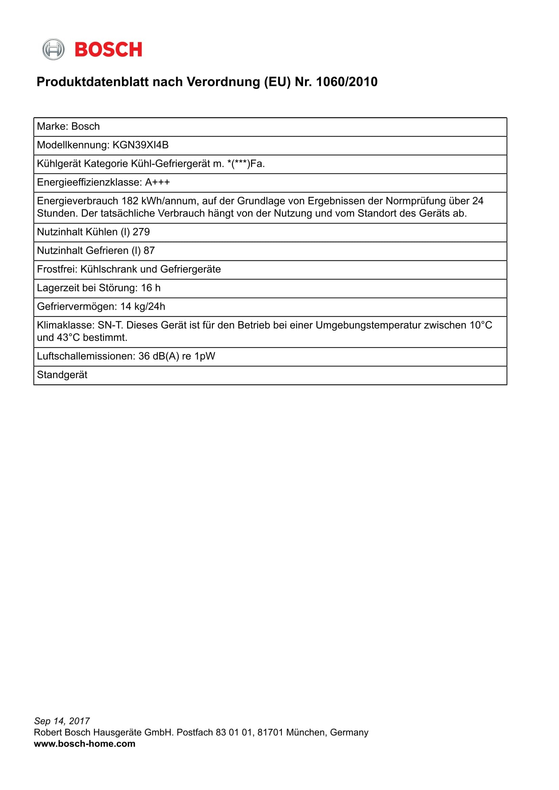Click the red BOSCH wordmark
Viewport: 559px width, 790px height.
108,50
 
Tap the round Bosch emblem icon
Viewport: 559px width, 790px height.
53,50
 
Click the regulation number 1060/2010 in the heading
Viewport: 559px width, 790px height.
347,82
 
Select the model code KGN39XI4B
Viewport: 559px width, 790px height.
141,145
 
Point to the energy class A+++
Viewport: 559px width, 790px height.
157,182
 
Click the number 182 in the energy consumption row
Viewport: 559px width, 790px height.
130,201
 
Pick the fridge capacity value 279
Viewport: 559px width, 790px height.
141,232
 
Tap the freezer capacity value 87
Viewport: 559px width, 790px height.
149,251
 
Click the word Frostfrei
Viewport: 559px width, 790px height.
57,269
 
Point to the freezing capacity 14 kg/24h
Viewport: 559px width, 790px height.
143,306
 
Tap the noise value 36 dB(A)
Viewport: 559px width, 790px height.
159,356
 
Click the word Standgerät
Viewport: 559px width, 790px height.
62,375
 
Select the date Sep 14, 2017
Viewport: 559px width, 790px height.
62,721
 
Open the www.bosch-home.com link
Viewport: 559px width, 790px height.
85,743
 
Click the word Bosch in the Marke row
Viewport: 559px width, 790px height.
86,127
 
